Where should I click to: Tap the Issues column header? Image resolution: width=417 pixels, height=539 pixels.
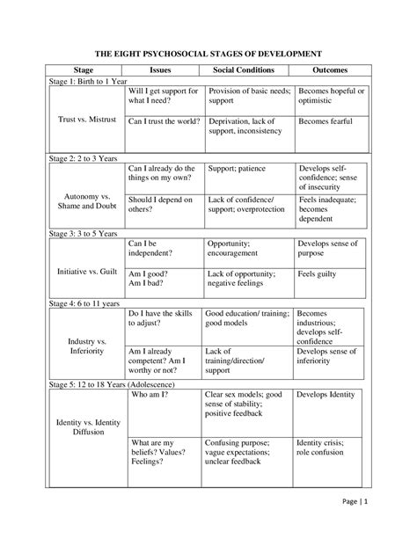161,69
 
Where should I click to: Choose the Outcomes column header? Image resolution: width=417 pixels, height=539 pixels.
330,69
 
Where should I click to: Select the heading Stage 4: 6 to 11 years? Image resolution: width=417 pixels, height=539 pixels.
82,302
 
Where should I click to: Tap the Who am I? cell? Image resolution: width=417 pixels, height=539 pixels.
149,396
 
